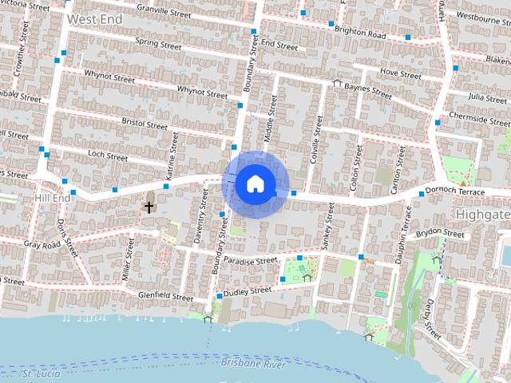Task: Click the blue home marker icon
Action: click(255, 184)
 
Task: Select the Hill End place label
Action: click(53, 196)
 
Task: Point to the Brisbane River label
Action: click(253, 364)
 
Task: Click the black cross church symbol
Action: click(149, 207)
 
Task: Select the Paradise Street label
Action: click(250, 260)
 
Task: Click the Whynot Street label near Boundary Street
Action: click(202, 92)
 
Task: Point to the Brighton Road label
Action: click(360, 34)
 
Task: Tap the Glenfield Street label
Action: click(166, 296)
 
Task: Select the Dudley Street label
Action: click(248, 292)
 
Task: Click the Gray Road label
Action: click(42, 243)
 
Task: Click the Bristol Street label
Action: click(145, 124)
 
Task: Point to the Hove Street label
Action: click(400, 73)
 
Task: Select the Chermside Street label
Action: click(479, 120)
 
